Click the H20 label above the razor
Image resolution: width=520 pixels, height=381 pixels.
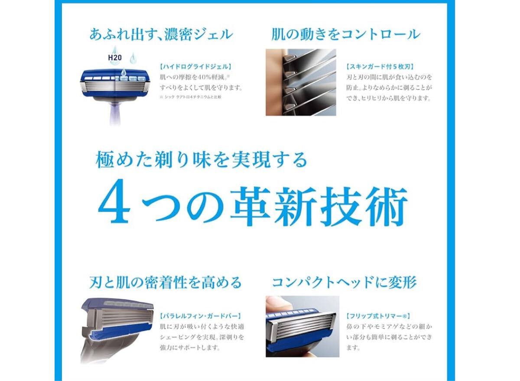(x=115, y=58)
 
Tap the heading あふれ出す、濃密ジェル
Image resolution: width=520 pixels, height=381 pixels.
(x=161, y=34)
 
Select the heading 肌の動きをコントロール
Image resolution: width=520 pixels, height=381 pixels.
(x=346, y=34)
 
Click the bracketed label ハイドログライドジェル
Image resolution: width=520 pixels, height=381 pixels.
(x=196, y=67)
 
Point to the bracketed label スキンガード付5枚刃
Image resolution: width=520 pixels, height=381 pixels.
(x=380, y=67)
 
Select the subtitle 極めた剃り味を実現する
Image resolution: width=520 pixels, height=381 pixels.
(x=201, y=160)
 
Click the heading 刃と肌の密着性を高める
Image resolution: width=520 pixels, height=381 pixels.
(x=165, y=283)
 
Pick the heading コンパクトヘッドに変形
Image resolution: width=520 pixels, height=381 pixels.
(x=344, y=283)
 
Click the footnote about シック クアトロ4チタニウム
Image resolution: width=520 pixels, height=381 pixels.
(x=190, y=97)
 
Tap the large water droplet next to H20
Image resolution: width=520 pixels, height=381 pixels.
(x=115, y=50)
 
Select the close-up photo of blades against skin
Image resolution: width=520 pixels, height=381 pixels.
(x=301, y=82)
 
